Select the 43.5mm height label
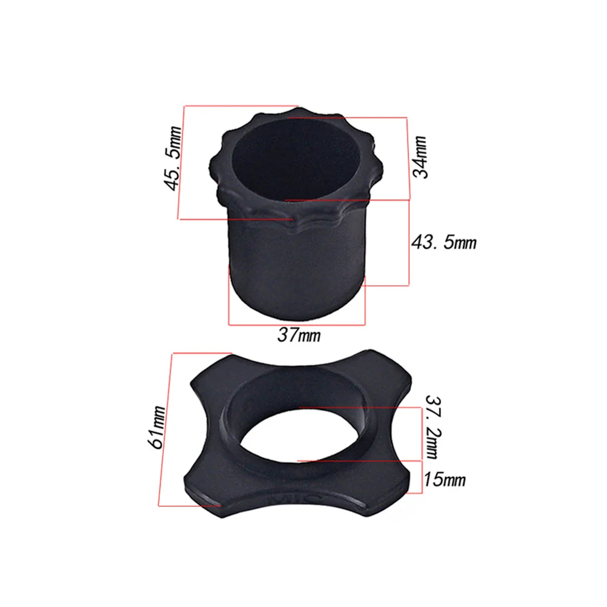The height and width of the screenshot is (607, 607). (445, 242)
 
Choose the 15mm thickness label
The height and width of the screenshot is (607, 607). (445, 480)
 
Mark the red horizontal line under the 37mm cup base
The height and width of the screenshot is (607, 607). (297, 325)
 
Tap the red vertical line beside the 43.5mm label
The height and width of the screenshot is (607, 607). (410, 242)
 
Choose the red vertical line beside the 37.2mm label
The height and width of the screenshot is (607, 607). (420, 434)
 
